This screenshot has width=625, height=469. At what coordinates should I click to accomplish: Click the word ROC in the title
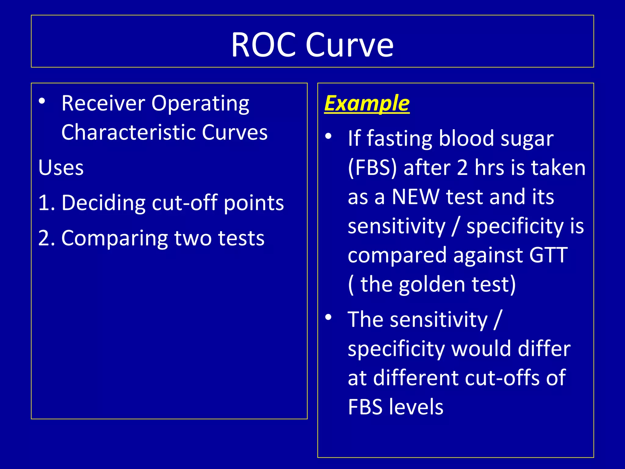click(x=264, y=45)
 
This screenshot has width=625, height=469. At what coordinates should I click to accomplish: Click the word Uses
click(x=61, y=168)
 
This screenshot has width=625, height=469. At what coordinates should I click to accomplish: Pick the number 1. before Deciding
click(x=46, y=203)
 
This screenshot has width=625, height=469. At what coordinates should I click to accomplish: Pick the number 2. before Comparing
click(x=46, y=238)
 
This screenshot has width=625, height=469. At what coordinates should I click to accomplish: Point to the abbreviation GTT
click(x=548, y=255)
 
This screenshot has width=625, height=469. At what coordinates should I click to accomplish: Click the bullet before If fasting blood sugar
click(x=328, y=136)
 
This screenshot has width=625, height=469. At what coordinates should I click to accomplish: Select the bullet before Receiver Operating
click(x=42, y=101)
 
